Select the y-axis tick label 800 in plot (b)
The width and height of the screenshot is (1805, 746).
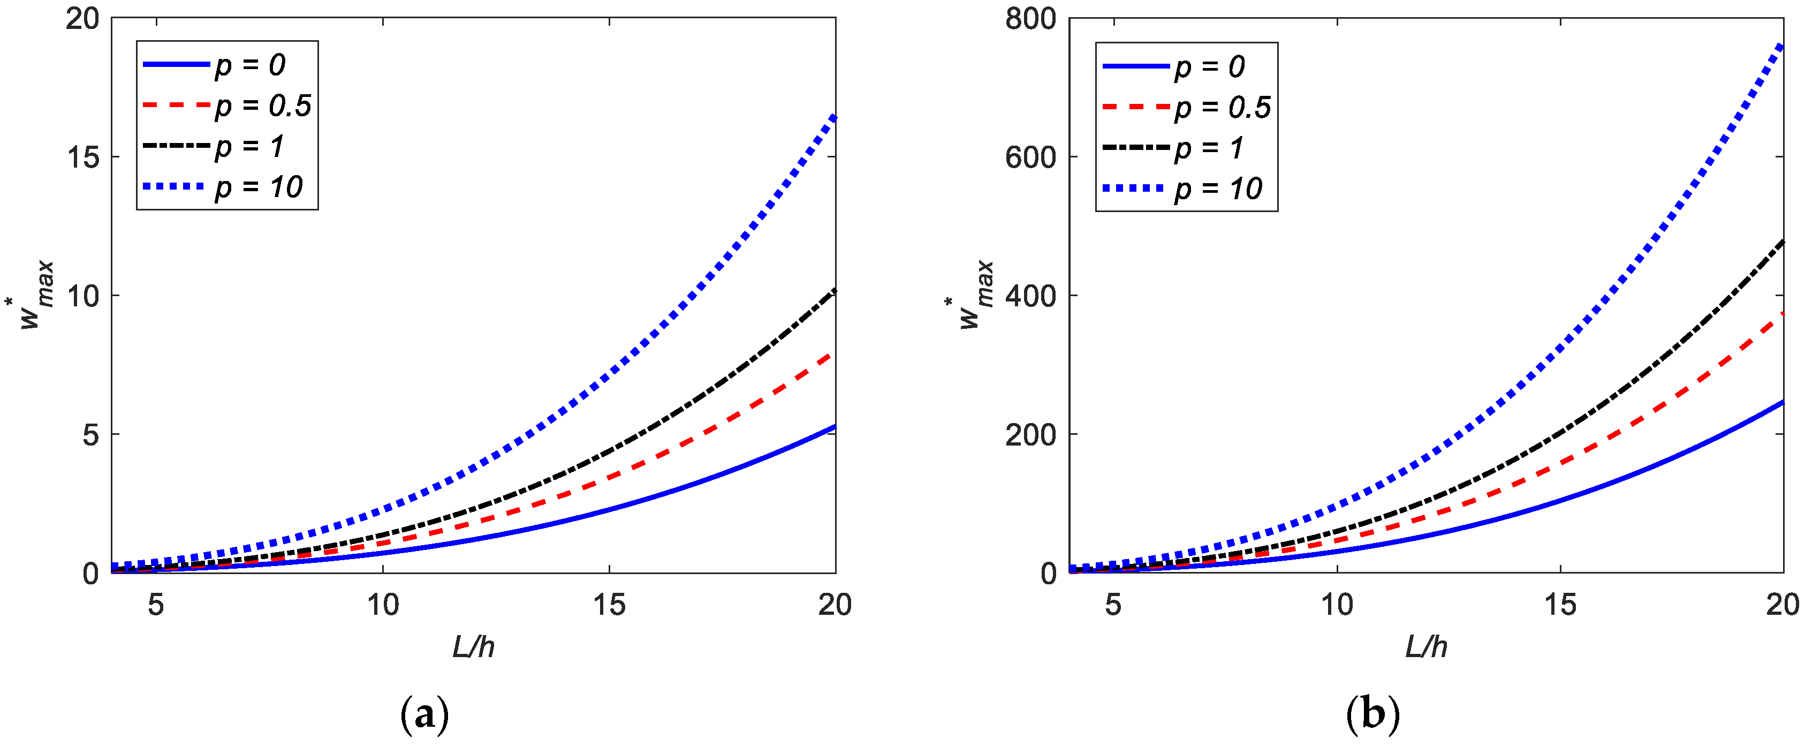(x=1031, y=19)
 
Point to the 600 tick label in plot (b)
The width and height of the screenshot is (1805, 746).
(x=1031, y=157)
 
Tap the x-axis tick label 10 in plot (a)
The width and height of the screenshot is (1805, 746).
(x=383, y=605)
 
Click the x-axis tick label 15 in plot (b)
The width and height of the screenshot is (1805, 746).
(x=1560, y=605)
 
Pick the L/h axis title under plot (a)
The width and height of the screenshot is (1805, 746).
(x=474, y=647)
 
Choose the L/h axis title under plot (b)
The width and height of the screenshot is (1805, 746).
(x=1426, y=647)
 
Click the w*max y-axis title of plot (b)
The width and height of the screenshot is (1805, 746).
(x=970, y=295)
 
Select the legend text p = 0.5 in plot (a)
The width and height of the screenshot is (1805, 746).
(x=263, y=106)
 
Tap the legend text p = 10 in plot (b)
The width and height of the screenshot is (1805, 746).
(x=1218, y=189)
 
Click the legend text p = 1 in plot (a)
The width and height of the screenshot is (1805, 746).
(x=249, y=147)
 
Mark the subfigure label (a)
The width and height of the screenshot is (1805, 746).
(x=424, y=715)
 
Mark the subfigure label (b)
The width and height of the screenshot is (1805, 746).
(x=1372, y=715)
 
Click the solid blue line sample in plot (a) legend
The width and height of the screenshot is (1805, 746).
(x=176, y=64)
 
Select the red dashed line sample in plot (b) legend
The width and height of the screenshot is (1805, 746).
(x=1135, y=107)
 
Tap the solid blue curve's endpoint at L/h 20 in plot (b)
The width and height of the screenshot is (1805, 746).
(x=1782, y=402)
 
